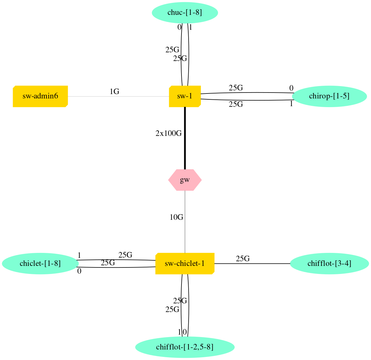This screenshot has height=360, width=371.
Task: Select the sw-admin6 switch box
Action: (40, 96)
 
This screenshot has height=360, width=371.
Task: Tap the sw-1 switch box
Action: (185, 96)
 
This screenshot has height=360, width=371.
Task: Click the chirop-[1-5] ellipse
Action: (329, 96)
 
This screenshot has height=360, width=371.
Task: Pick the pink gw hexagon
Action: (185, 180)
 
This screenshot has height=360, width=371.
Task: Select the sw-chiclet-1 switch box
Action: (185, 264)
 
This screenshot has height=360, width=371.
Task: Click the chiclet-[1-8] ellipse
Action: (40, 264)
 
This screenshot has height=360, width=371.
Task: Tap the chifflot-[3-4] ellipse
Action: (329, 264)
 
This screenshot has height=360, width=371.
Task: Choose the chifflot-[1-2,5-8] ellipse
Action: (185, 347)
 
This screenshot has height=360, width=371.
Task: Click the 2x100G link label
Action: (168, 134)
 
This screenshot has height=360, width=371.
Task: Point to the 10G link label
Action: (176, 217)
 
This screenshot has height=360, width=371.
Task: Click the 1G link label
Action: (114, 92)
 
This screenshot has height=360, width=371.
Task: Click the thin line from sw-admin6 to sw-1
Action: (124, 96)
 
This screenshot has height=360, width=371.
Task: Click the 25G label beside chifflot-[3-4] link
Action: (243, 259)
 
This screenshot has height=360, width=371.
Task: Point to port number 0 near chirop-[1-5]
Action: (291, 88)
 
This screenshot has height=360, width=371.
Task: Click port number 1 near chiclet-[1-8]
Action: (79, 255)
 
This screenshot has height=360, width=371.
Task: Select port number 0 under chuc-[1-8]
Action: (179, 27)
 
